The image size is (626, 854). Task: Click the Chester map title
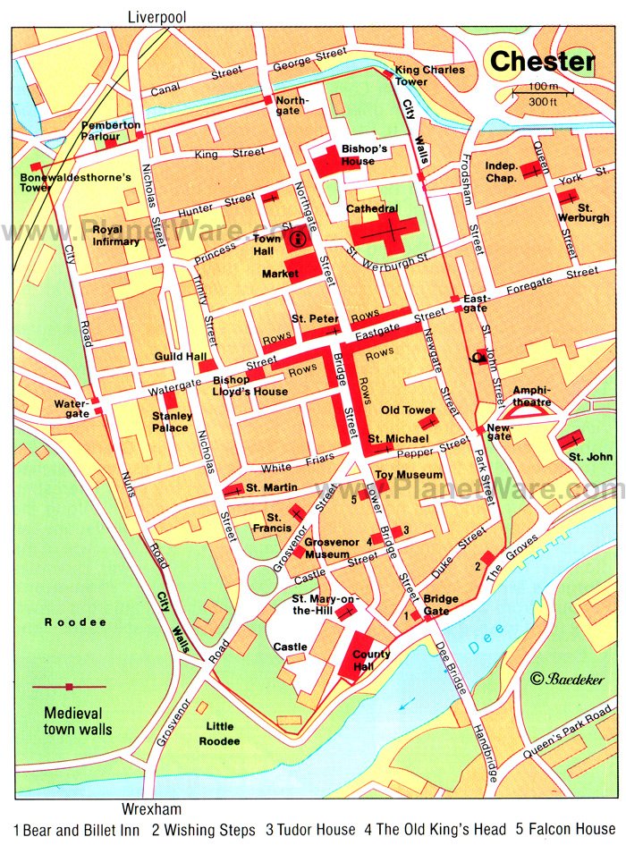click(542, 62)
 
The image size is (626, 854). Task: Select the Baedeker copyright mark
click(567, 680)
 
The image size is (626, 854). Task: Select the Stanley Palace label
click(170, 421)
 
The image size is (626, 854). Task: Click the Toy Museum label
click(408, 474)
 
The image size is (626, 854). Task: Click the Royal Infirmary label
click(110, 235)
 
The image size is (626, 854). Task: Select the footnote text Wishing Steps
click(207, 830)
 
